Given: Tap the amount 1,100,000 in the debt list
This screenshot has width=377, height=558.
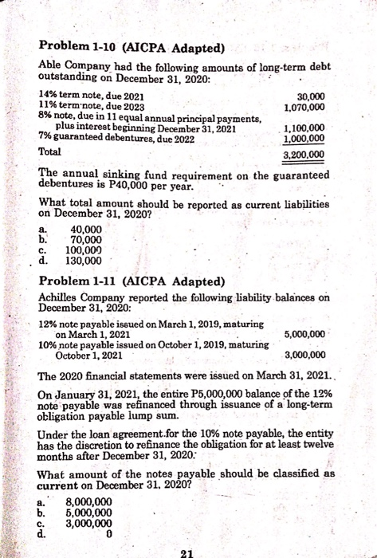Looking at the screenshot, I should pyautogui.click(x=304, y=128).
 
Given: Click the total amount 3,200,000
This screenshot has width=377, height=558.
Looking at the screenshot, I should pyautogui.click(x=304, y=155).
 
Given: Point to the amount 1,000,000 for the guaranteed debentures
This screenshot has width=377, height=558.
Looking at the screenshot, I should pyautogui.click(x=304, y=137).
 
